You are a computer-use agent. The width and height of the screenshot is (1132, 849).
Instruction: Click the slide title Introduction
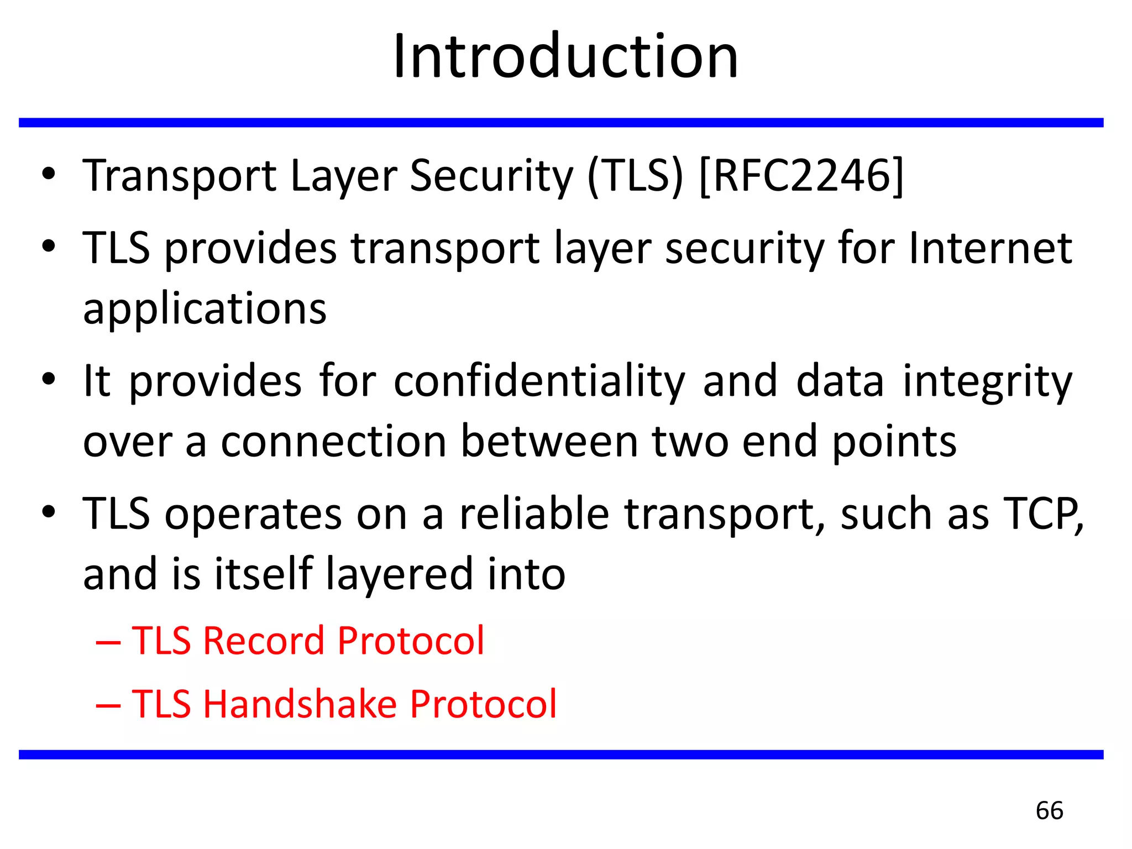[565, 56]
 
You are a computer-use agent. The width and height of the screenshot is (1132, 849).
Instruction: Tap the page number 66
[1049, 810]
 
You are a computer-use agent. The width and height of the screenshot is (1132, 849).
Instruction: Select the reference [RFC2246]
[801, 176]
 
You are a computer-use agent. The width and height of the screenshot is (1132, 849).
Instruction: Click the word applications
[205, 308]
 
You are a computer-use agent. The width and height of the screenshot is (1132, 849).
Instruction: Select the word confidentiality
[539, 381]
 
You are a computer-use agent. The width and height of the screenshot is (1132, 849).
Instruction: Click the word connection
[334, 442]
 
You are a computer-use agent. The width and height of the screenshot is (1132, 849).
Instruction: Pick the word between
[549, 442]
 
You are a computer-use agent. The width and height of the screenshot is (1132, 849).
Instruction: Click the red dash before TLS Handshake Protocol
[108, 705]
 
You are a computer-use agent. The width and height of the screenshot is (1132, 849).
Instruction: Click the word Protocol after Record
[411, 641]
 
